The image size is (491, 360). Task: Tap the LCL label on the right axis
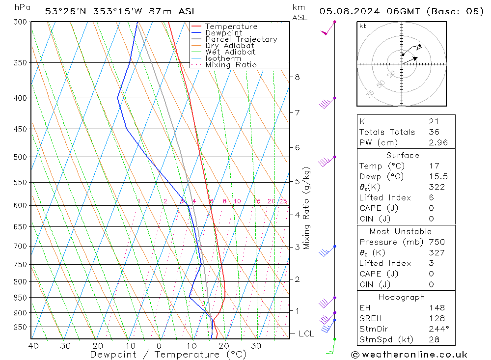(306, 334)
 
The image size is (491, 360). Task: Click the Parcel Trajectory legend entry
(241, 39)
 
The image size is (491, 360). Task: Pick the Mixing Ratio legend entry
(231, 65)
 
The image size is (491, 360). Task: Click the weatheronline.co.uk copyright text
(409, 354)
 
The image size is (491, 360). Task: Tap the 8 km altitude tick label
(297, 77)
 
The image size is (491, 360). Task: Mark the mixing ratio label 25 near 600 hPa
(283, 201)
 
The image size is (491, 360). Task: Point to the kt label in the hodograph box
(362, 26)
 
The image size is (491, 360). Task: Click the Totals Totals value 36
(434, 132)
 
